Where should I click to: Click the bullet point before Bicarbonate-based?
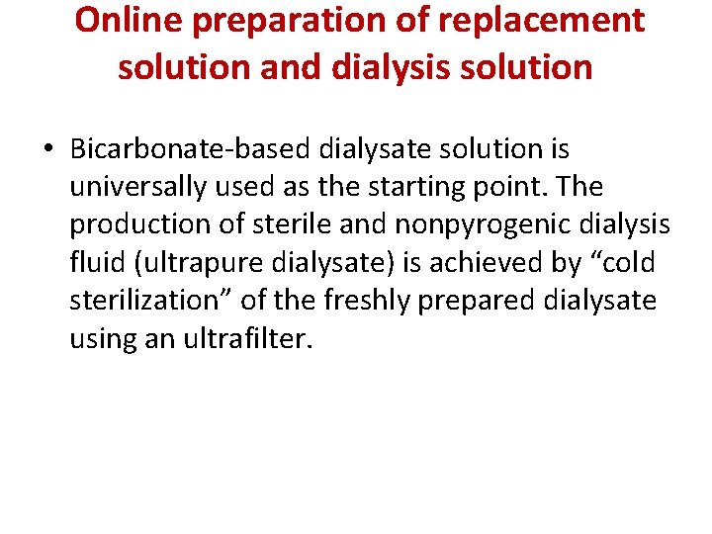pyautogui.click(x=47, y=150)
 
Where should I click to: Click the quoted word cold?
pyautogui.click(x=618, y=262)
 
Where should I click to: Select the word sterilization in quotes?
pyautogui.click(x=145, y=300)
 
